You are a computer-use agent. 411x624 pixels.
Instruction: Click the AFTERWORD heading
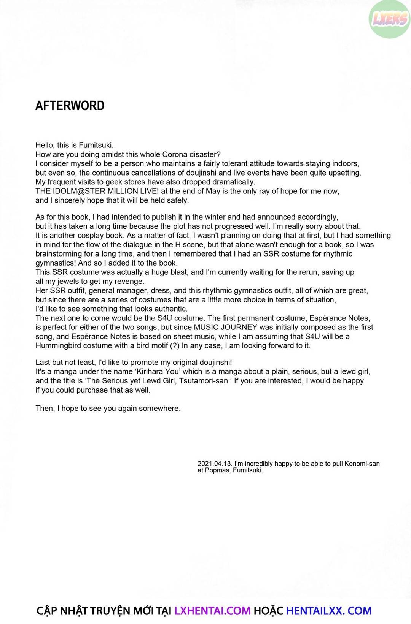pyautogui.click(x=70, y=106)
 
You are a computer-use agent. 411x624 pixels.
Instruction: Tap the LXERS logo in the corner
pyautogui.click(x=390, y=19)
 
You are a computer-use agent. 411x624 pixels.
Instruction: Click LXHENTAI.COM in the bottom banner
pyautogui.click(x=212, y=611)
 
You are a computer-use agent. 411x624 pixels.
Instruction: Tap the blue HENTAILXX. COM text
pyautogui.click(x=328, y=611)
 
